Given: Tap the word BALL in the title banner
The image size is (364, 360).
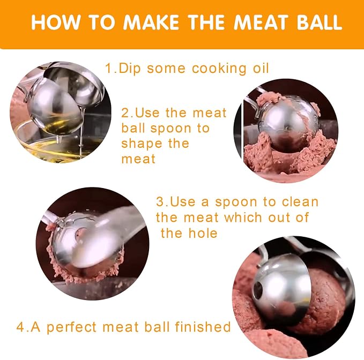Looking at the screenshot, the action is [320, 22].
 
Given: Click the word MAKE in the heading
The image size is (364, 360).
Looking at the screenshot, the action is [151, 22].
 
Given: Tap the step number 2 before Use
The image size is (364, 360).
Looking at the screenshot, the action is [126, 113].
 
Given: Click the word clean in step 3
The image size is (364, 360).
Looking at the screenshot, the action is [300, 201].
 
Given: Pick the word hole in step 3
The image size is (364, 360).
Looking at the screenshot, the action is [203, 233].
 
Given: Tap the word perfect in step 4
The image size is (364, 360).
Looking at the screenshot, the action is [71, 327].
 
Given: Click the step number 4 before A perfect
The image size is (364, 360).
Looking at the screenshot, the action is [20, 327].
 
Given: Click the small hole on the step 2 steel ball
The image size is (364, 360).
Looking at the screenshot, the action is [287, 128].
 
